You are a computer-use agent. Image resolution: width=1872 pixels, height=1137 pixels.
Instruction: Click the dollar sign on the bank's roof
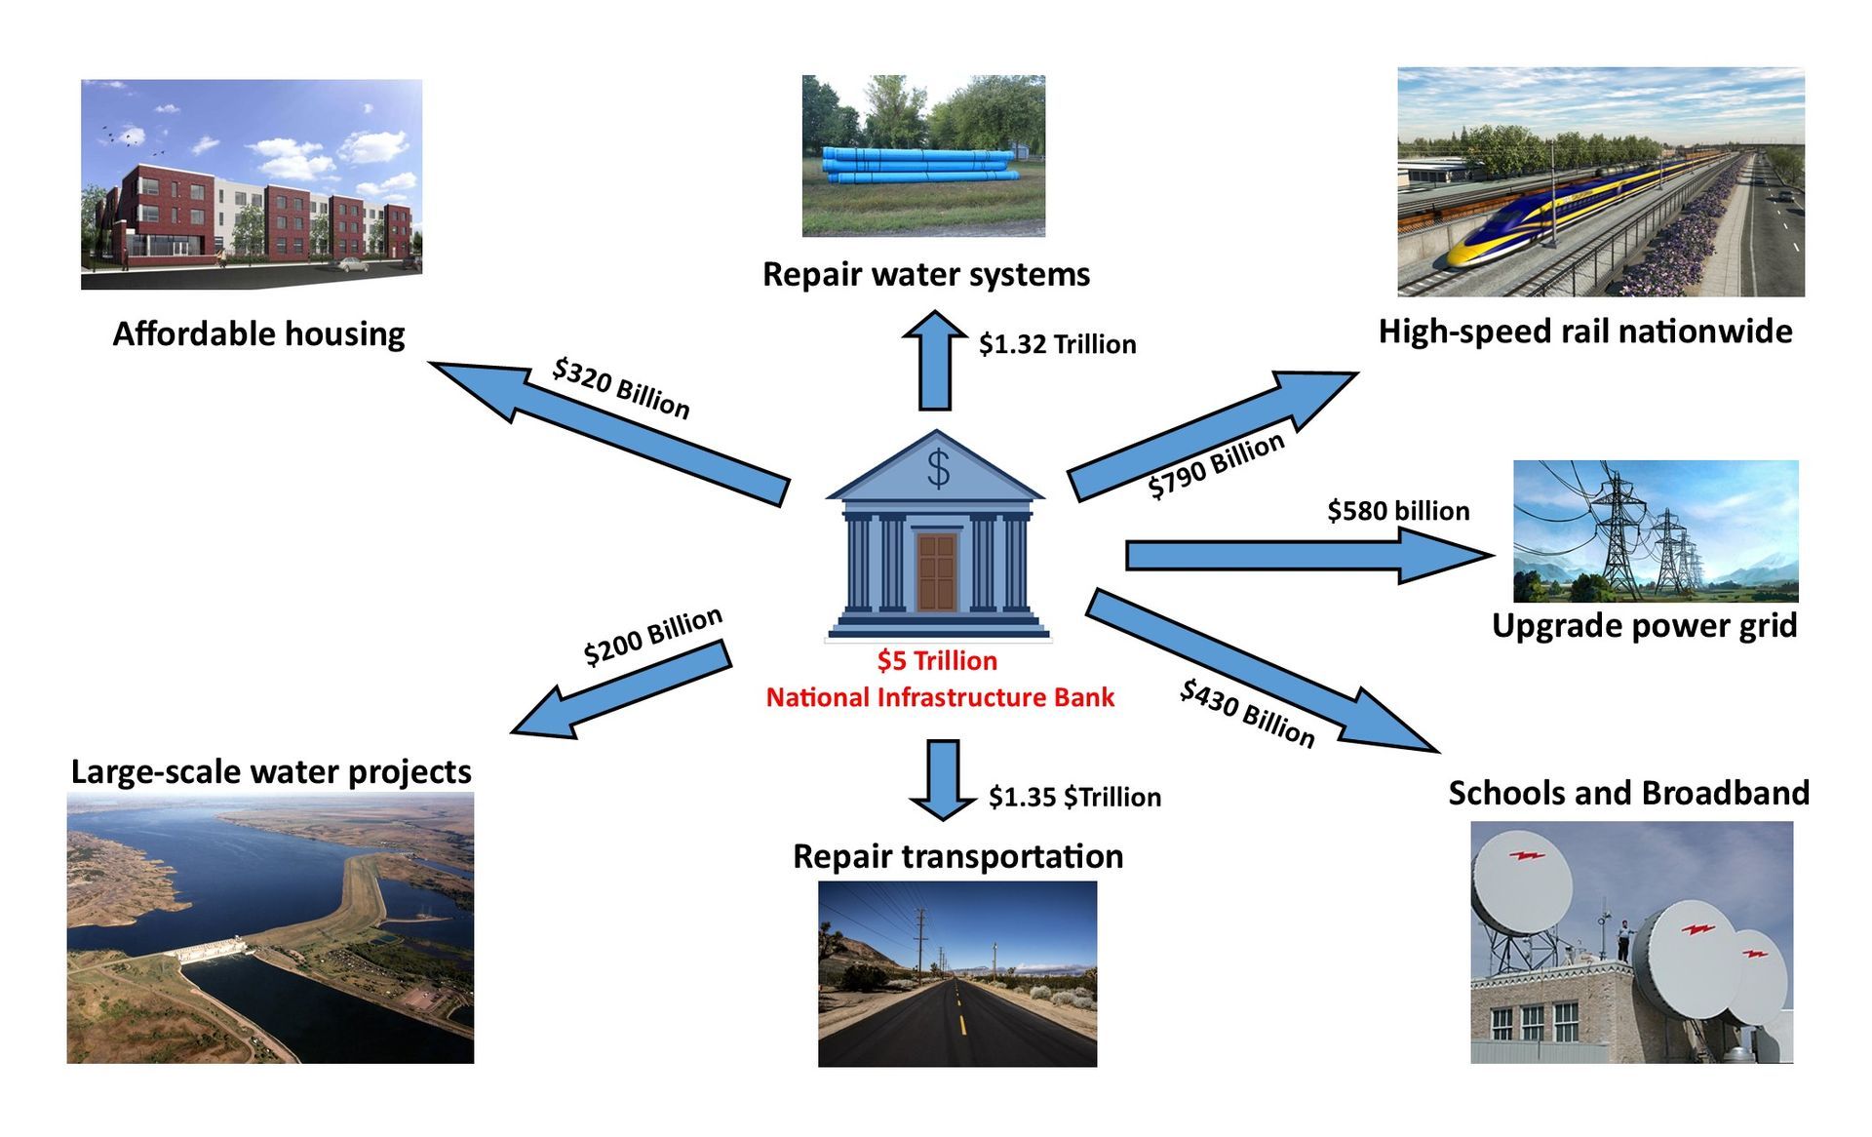(938, 469)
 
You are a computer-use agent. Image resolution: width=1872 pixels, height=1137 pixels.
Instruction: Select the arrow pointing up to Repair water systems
(935, 361)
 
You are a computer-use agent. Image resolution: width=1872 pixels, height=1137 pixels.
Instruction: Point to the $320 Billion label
(621, 388)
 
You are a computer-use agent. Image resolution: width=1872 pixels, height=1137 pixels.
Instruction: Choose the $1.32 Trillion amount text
(1057, 344)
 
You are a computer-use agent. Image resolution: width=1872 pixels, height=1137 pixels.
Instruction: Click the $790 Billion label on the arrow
(1216, 465)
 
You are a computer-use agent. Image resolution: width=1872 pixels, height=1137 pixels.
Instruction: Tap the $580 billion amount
(1398, 511)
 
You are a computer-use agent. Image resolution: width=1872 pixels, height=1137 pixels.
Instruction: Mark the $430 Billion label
(1247, 714)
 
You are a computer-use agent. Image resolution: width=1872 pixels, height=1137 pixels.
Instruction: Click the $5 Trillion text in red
(937, 661)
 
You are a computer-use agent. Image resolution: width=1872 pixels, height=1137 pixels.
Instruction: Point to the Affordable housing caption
(258, 334)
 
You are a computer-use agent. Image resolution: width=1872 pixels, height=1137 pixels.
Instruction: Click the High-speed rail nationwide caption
(1584, 332)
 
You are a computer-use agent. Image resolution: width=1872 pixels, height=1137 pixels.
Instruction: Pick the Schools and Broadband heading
(1628, 793)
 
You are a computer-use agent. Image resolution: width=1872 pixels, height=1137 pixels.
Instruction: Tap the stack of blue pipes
(918, 166)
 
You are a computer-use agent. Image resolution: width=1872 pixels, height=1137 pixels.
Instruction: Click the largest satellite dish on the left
(1521, 883)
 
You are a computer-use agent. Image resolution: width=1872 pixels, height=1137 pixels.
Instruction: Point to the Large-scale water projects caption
(271, 771)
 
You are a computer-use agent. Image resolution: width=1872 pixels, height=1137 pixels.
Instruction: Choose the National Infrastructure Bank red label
(940, 698)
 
